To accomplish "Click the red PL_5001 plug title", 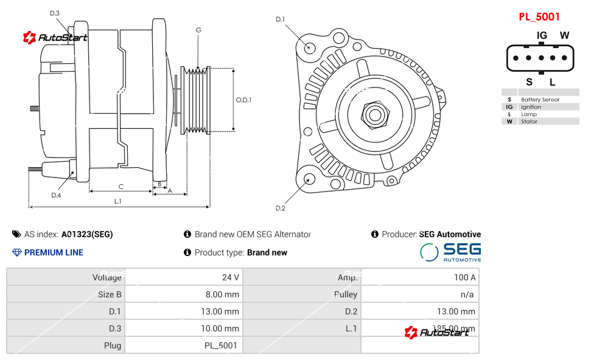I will (539, 17).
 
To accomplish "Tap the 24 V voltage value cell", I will (231, 277).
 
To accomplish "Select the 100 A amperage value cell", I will (464, 277).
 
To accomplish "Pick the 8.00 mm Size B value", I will (223, 294).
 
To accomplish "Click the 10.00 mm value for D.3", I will (221, 328).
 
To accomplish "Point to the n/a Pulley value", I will (467, 294).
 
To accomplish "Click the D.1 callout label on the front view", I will (280, 19).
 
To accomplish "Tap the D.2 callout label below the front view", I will (280, 209).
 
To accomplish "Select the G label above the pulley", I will (198, 30).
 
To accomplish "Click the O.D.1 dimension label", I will (243, 100).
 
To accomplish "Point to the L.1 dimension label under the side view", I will (117, 201).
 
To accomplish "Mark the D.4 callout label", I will (56, 195).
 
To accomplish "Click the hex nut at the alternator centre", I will (375, 114).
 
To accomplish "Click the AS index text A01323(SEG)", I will (86, 234).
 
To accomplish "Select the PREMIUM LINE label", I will (54, 252).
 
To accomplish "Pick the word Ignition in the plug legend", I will (531, 107).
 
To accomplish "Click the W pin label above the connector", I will (564, 35).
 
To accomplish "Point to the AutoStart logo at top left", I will (55, 38).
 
